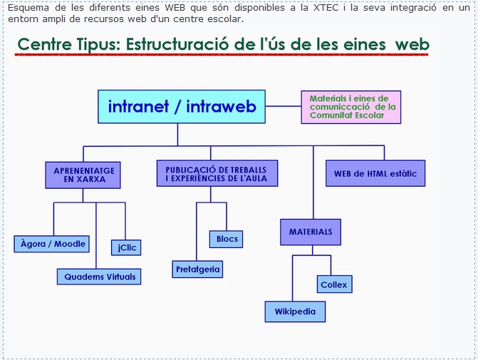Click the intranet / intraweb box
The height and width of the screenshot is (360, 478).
tap(182, 106)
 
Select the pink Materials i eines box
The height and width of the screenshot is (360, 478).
tap(351, 107)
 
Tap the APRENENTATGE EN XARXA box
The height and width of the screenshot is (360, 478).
tap(83, 175)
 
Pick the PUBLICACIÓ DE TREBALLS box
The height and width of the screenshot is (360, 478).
tap(217, 173)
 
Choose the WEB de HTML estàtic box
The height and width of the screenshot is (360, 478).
tap(375, 173)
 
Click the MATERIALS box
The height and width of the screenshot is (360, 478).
tap(311, 232)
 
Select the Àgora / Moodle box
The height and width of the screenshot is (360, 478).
tap(51, 244)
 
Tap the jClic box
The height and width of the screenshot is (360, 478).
tap(126, 247)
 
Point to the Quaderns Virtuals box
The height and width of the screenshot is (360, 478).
tap(99, 277)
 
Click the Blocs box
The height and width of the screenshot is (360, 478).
tap(227, 239)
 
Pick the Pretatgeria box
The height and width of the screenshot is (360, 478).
tap(197, 269)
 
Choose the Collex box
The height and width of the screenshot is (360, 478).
tap(334, 284)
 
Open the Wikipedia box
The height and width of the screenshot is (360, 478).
tap(295, 312)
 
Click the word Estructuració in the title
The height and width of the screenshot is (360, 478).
tap(177, 44)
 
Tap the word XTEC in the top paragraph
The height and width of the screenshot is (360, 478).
tap(326, 8)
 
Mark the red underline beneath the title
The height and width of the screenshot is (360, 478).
tap(222, 55)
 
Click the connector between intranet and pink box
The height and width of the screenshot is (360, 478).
tap(284, 106)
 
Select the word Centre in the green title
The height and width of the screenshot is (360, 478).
tap(44, 44)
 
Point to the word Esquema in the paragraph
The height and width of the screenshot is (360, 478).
tap(28, 9)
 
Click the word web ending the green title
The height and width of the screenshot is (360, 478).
tap(412, 44)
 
